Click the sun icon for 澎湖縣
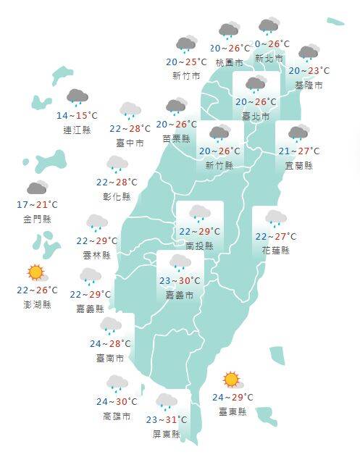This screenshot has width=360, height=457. (36, 273)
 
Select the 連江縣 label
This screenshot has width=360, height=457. (77, 130)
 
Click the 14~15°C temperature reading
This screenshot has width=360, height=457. (77, 116)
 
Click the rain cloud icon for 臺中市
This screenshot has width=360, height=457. (130, 110)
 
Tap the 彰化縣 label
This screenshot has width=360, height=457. (117, 196)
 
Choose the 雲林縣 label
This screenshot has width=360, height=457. (97, 255)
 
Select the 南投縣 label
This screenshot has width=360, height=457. (199, 246)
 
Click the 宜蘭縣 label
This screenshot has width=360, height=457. (298, 165)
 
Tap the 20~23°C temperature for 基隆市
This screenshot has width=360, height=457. (309, 71)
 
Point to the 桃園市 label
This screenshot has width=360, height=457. (230, 63)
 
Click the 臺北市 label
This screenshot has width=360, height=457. (255, 116)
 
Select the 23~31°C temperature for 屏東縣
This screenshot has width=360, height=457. (167, 419)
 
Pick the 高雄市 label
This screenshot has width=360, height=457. (117, 416)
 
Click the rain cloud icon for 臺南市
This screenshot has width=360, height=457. (110, 325)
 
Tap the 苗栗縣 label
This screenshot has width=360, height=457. (176, 138)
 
